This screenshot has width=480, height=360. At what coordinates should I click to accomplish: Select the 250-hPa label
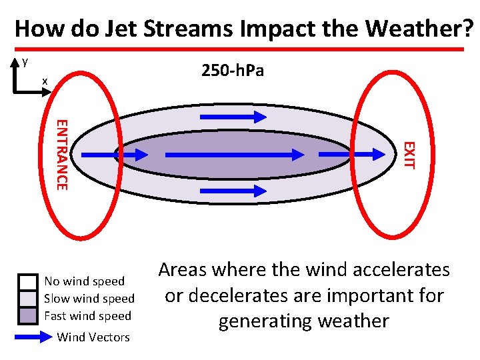pos(233,70)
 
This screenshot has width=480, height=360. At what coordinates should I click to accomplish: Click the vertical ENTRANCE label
pos(61,154)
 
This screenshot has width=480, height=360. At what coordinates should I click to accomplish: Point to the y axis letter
pos(25,61)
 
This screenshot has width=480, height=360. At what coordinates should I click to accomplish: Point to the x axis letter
pos(45,81)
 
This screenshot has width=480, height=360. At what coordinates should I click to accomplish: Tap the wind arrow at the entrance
pos(113,155)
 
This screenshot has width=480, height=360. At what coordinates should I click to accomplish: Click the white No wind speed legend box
pos(28,282)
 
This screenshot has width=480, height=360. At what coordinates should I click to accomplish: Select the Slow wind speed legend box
pos(28,299)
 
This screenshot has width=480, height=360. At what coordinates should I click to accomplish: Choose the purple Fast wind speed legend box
pos(28,315)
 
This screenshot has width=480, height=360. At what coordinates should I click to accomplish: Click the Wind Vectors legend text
pos(93,337)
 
